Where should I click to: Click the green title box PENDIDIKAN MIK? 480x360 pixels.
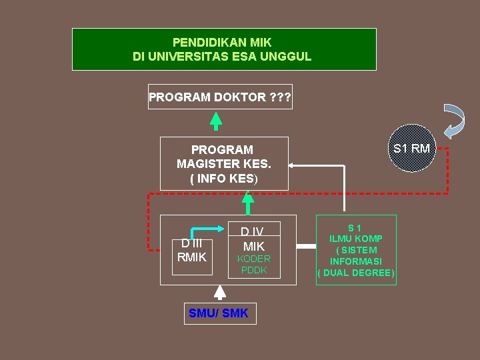coord(223,49)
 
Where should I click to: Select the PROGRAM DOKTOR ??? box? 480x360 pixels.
coord(220,97)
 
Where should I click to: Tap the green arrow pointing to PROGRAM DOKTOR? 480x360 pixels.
coord(215,120)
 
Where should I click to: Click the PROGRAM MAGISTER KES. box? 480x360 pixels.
coord(224,163)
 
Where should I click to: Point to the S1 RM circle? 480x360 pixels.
coord(411,148)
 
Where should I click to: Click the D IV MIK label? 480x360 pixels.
coord(253,239)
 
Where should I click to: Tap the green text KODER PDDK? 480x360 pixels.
coord(254,264)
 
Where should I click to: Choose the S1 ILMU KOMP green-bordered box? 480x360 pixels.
coord(356,250)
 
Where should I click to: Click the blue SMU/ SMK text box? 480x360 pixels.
coord(219,313)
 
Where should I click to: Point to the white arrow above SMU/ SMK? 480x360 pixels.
coord(219,293)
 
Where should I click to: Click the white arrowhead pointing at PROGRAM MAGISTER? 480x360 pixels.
coord(295,164)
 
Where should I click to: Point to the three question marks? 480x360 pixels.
coord(280,97)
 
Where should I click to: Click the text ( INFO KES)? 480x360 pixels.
coord(224,179)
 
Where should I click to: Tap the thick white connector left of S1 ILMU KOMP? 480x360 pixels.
coord(306,246)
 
